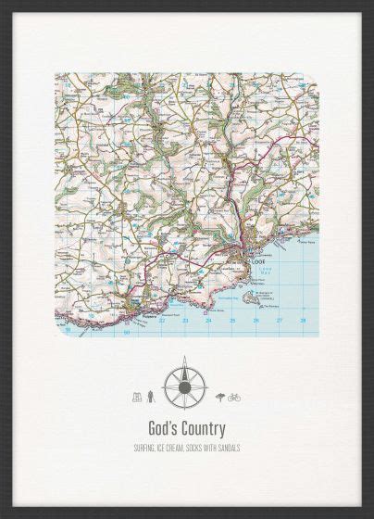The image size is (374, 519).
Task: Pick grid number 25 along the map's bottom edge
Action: [231, 321]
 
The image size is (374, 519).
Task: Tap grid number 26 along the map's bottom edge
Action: [256, 321]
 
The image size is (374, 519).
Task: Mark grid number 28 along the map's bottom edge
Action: [303, 320]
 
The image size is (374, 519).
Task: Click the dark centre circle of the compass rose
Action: [184, 385]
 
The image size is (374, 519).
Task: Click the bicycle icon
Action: [233, 398]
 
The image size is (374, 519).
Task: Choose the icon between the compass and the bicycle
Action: [219, 398]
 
